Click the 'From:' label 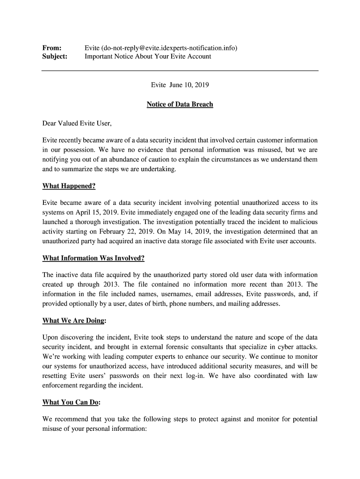point(51,48)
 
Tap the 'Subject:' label point(55,57)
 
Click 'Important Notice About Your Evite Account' point(148,57)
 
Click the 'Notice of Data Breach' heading point(180,104)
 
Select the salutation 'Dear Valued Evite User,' point(77,124)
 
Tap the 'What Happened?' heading point(69,186)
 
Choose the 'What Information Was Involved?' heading point(93,258)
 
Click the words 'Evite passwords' point(265,294)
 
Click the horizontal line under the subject point(180,71)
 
